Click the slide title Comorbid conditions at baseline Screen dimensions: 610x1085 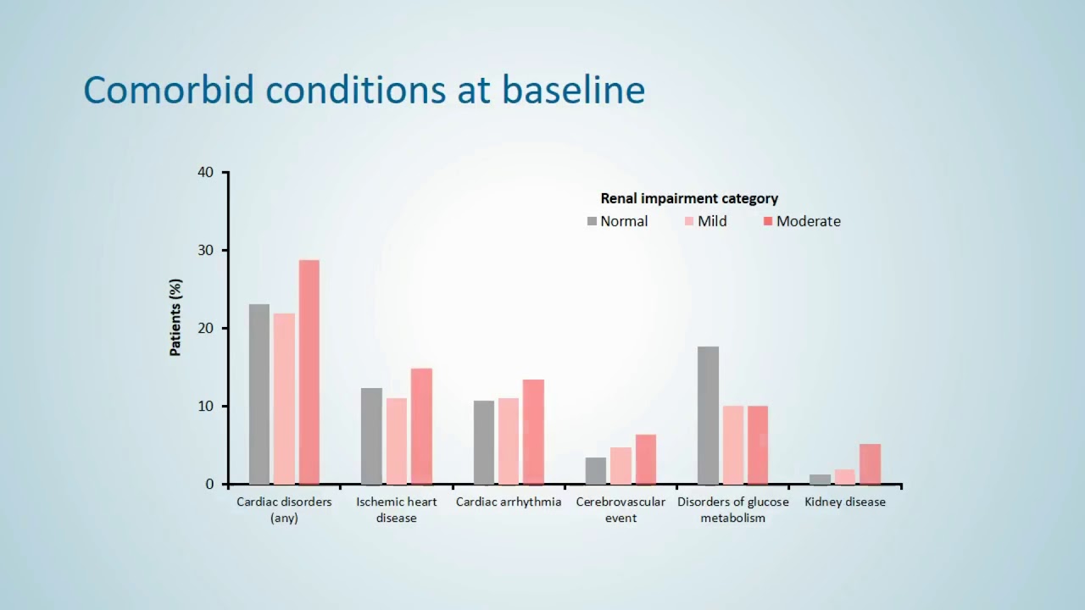coord(364,90)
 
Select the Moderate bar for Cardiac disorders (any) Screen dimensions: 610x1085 coord(309,372)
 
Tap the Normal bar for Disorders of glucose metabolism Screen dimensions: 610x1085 coord(708,415)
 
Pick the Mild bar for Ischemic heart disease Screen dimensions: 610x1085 coord(396,441)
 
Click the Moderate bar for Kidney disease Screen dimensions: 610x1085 coord(870,464)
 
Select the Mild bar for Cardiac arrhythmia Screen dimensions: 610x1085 coord(509,441)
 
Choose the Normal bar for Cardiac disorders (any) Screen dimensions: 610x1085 coord(259,394)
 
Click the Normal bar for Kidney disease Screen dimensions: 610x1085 coord(820,480)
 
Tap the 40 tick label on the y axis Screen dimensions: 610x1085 coord(206,173)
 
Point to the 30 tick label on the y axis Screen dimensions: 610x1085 coord(206,251)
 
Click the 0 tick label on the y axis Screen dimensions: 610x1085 coord(210,485)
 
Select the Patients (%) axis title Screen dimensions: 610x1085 coord(176,317)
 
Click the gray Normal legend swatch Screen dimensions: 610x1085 coord(592,221)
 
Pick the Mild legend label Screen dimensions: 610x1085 coord(712,221)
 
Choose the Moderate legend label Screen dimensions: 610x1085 coord(809,221)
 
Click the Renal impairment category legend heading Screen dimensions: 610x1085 coord(689,198)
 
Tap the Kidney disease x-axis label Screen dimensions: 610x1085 coord(845,502)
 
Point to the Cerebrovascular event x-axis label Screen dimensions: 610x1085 coord(620,509)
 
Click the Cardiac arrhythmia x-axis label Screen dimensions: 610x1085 coord(509,502)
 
